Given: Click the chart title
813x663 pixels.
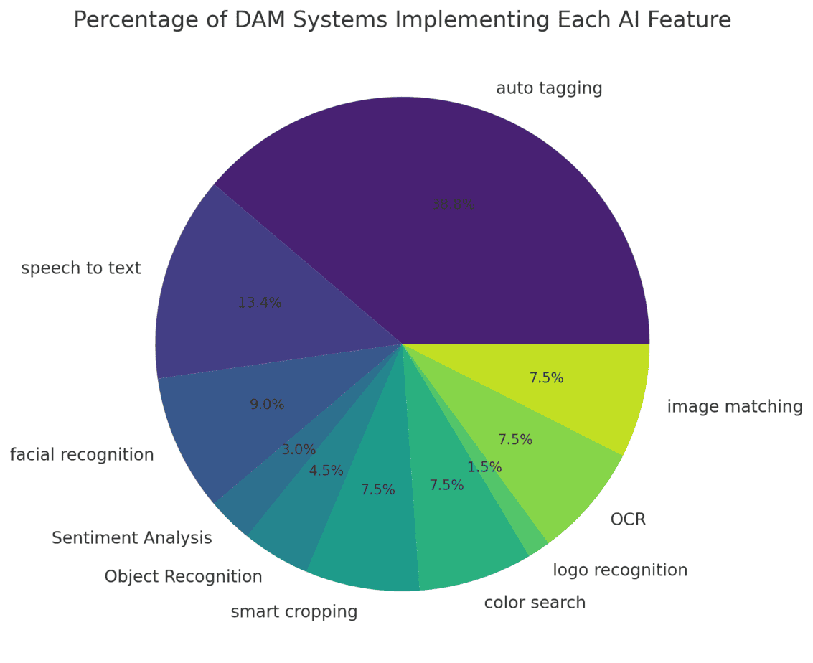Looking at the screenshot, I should pos(402,20).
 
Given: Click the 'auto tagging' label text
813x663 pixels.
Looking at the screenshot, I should pos(549,88).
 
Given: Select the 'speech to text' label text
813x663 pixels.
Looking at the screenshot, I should pos(81,268).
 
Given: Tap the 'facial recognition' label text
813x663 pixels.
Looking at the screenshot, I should pos(82,455).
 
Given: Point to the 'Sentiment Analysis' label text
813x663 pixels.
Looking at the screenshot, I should pos(132,538).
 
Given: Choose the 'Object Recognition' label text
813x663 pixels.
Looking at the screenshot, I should pos(183,577).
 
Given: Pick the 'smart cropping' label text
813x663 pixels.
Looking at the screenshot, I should pos(294,612).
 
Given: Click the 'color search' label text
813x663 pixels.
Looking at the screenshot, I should pos(535,603).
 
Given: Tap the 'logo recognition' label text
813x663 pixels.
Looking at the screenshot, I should pos(620,570).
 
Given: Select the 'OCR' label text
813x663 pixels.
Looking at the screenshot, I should pos(628,519).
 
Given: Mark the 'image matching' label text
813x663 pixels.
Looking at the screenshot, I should pos(735,407).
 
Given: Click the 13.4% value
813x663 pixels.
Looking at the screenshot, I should pos(260,303).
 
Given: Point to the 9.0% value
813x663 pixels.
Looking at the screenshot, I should pos(267,405).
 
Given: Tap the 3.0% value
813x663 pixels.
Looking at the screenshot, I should pos(299,450).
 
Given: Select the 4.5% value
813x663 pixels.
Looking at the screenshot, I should pos(326,471).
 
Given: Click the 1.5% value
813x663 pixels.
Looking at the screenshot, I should pos(484,467).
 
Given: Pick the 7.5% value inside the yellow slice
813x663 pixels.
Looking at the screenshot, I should pos(546,378).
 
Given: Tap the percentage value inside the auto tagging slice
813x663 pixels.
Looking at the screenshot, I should pos(454,204).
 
